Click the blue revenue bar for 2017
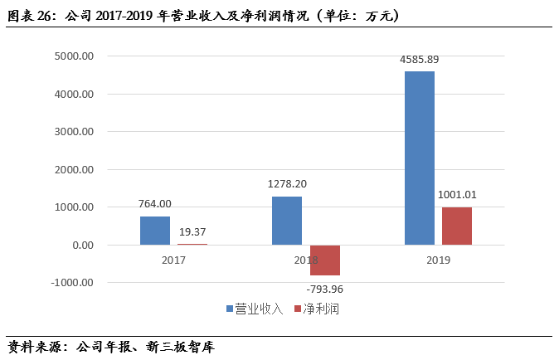click(155, 231)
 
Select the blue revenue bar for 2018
click(287, 221)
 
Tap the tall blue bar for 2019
click(420, 158)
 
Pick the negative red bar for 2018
click(325, 260)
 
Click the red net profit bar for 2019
click(457, 226)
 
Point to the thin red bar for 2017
click(192, 244)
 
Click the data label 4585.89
click(420, 60)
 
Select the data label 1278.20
click(287, 184)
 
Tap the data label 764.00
click(155, 204)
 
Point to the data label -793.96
click(325, 289)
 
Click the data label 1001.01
click(457, 195)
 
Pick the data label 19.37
click(192, 232)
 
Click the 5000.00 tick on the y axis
click(74, 56)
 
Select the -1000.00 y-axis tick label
click(72, 283)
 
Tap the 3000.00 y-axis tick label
click(74, 132)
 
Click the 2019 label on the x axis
click(438, 260)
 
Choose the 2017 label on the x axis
click(173, 260)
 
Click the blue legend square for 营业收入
click(230, 309)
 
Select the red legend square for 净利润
click(298, 309)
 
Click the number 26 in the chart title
click(44, 16)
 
